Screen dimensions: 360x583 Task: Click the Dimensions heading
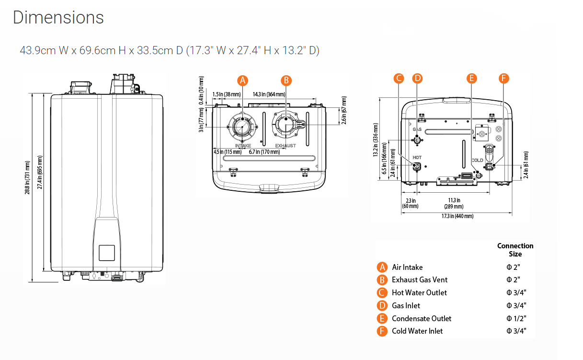coord(58,18)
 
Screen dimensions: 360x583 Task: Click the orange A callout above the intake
coord(243,80)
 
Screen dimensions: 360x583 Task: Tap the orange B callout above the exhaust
coord(286,80)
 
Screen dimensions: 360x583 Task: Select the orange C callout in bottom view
coord(399,78)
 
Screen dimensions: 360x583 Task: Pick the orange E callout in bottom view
coord(472,78)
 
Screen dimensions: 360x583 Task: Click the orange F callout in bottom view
coord(503,78)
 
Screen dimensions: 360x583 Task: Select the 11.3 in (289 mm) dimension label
coord(454,203)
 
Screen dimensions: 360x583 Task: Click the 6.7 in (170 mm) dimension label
coord(264,152)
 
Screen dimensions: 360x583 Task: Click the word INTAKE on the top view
coord(243,145)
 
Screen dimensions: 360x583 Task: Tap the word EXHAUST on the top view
coord(286,145)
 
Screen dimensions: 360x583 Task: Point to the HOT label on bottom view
coord(417,157)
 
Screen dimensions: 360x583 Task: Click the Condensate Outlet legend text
coord(421,318)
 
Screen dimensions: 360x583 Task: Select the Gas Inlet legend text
coord(406,305)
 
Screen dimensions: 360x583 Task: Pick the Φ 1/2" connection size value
coord(513,318)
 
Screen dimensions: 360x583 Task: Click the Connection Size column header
coord(515,250)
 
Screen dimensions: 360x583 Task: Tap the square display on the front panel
coord(106,253)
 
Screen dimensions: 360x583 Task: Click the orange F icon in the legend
coord(382,331)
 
